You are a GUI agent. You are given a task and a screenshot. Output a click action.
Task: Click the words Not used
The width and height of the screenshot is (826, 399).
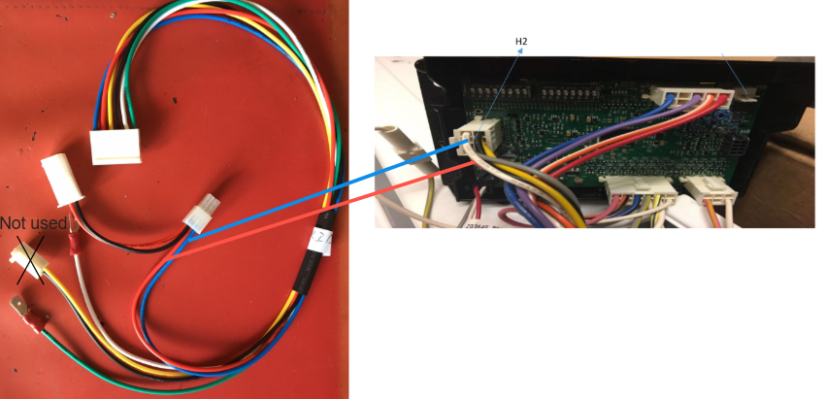pyautogui.click(x=33, y=223)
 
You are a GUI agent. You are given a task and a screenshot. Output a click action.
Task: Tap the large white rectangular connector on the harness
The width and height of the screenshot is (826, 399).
pyautogui.click(x=116, y=146)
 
